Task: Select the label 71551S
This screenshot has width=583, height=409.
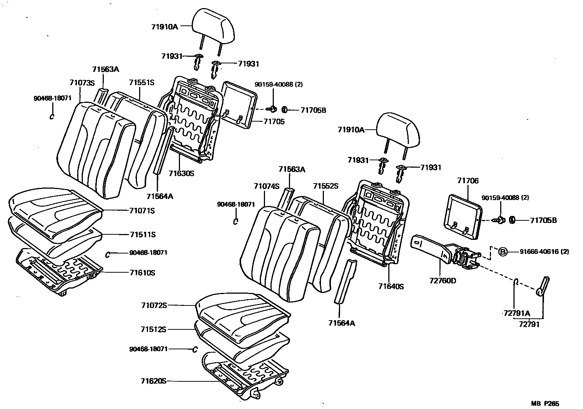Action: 141,83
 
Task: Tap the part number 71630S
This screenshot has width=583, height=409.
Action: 181,173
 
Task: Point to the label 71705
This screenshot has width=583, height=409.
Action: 274,122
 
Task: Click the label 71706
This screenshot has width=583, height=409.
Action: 468,181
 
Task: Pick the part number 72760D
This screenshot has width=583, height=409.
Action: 442,281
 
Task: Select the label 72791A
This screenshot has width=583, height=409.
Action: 517,314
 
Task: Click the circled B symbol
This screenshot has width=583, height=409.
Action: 503,252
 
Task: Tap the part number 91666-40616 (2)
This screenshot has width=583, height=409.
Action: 544,252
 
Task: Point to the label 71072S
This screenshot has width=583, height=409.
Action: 154,305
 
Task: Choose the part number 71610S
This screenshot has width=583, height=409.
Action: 142,273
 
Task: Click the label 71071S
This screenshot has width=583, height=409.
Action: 142,211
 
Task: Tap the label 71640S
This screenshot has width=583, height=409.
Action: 391,286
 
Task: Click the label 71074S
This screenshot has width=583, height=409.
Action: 266,186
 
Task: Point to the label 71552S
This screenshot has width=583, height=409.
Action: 325,186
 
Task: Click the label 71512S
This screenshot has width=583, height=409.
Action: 153,329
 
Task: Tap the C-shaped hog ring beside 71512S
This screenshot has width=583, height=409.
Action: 195,349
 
